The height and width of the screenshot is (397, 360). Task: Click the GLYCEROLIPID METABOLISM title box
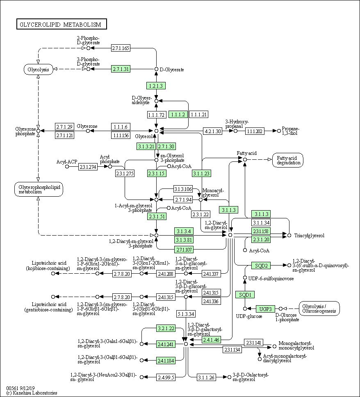(x=62, y=24)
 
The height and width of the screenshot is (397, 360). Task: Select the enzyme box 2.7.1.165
(x=121, y=48)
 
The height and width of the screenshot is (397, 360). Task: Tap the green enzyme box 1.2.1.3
(x=156, y=86)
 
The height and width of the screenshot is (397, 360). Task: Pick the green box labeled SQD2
(x=261, y=265)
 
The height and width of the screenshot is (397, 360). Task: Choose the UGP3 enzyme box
(x=265, y=309)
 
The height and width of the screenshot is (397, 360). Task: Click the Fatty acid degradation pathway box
(x=288, y=160)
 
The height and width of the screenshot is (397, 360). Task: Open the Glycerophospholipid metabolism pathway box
(x=39, y=189)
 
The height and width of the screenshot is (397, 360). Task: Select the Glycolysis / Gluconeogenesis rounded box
(x=319, y=309)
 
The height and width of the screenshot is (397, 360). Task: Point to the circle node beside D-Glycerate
(x=156, y=69)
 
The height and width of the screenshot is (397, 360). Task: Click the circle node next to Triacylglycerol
(x=289, y=236)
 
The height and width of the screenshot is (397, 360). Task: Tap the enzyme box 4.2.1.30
(x=213, y=131)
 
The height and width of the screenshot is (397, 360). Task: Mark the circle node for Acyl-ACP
(x=67, y=167)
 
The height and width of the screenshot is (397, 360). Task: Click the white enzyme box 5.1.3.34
(x=186, y=314)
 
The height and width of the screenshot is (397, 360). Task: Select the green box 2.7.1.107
(x=184, y=250)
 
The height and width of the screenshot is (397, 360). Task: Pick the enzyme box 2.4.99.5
(x=166, y=377)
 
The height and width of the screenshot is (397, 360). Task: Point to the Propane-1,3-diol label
(x=290, y=131)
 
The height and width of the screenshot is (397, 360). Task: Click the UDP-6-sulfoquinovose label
(x=271, y=279)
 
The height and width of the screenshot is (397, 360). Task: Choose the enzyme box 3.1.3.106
(x=183, y=189)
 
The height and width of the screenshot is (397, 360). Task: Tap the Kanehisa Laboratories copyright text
(x=32, y=393)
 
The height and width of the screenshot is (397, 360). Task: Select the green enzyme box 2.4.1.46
(x=211, y=340)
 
